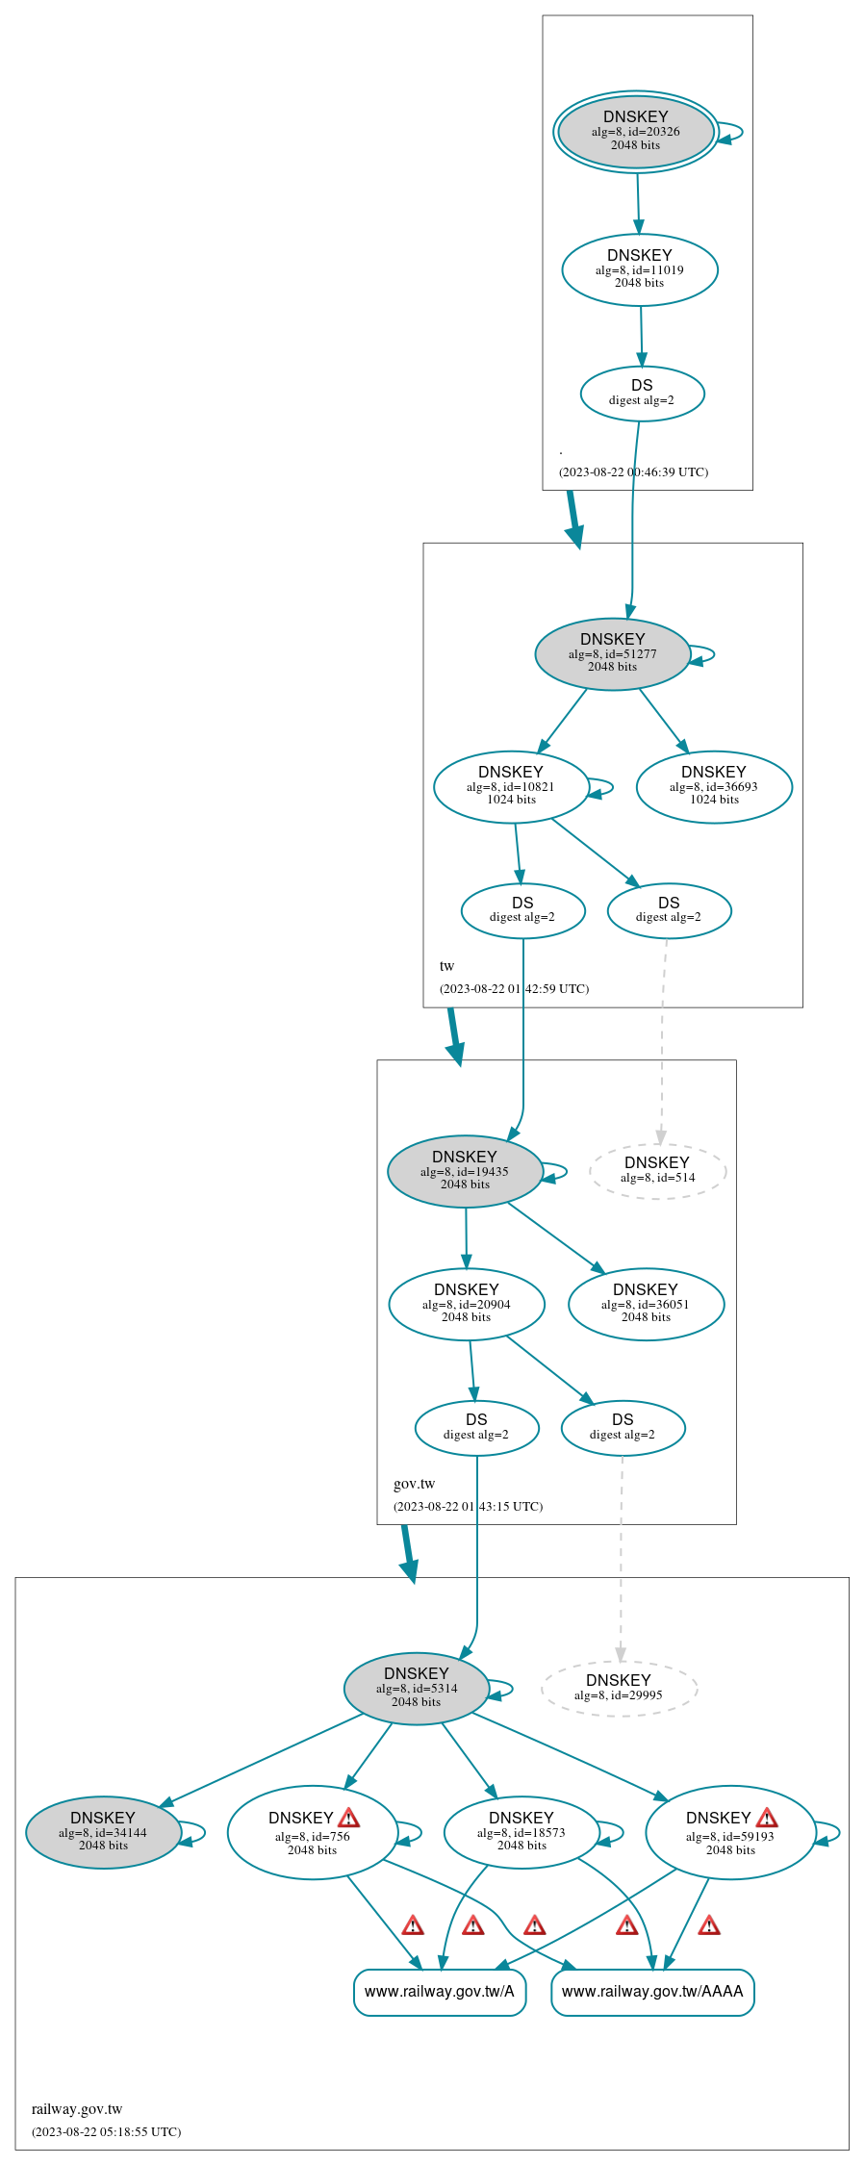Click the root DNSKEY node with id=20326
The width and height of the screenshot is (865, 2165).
click(x=635, y=132)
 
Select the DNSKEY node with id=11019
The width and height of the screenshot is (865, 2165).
click(x=639, y=269)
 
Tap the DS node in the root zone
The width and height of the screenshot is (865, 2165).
click(x=642, y=394)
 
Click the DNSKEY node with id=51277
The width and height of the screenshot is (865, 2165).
click(x=612, y=654)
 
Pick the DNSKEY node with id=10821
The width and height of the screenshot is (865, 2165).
click(x=510, y=787)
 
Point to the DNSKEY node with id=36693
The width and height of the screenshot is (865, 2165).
click(x=713, y=787)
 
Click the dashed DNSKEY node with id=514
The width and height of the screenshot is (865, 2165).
click(x=657, y=1171)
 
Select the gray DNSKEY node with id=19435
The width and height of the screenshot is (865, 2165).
click(x=465, y=1171)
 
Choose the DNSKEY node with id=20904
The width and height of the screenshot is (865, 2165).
click(x=466, y=1304)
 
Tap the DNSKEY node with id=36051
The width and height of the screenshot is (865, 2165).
click(x=646, y=1304)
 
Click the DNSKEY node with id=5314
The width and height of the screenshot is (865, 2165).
click(x=416, y=1689)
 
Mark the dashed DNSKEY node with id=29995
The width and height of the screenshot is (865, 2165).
click(x=619, y=1689)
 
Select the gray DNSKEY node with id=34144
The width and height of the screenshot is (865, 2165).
click(x=103, y=1832)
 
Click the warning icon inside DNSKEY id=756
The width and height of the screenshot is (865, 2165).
click(x=349, y=1818)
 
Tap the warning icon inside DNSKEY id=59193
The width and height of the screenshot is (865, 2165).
click(x=767, y=1818)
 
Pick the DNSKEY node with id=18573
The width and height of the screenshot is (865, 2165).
click(x=522, y=1832)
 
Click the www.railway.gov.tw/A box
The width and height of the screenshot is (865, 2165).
click(x=440, y=1992)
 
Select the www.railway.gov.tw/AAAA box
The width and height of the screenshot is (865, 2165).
click(x=652, y=1992)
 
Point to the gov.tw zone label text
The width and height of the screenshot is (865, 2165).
click(x=414, y=1484)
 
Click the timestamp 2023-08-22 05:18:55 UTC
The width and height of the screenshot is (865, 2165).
click(x=106, y=2131)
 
